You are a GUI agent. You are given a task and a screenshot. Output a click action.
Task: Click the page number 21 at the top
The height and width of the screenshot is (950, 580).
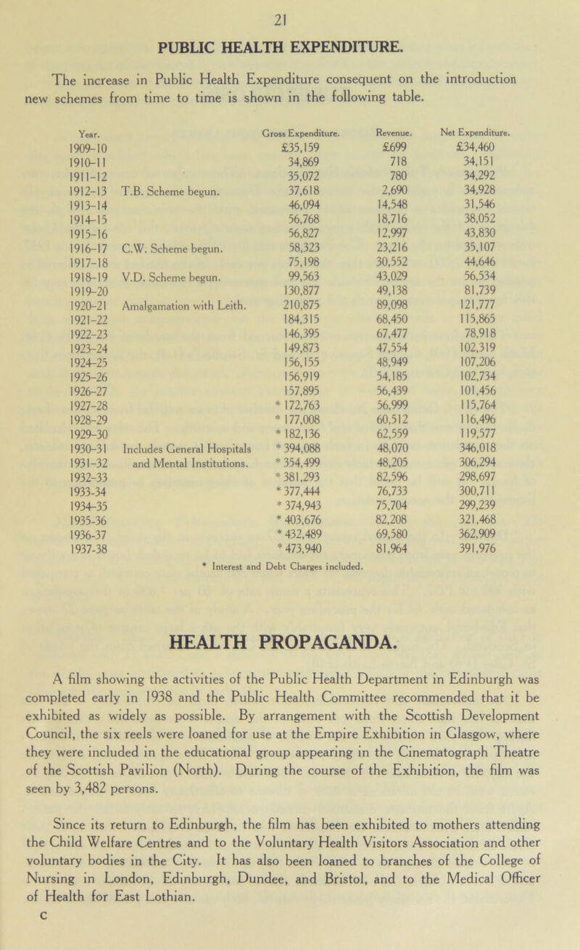(289, 12)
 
